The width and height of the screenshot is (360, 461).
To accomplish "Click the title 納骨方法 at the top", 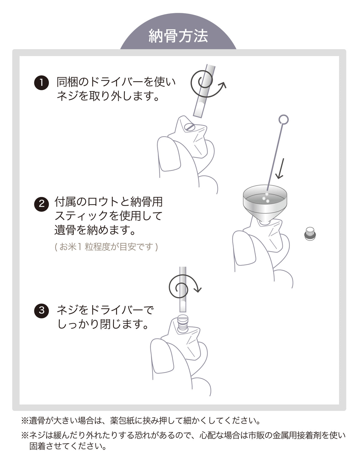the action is coord(178,36).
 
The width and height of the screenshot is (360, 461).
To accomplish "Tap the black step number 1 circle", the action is coord(42,82).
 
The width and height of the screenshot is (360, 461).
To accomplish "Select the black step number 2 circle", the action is coord(42,204).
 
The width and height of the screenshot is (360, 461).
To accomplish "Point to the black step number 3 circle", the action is coord(42,311).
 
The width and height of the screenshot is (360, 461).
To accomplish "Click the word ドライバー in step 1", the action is coord(116,82).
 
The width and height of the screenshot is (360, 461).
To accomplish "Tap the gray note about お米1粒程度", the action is coord(106,247).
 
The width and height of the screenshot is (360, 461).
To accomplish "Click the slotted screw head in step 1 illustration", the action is coord(189,127).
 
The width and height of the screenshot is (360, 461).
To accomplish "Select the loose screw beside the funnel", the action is coord(310,234).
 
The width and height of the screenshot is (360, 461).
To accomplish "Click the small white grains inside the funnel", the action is coord(265,198).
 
